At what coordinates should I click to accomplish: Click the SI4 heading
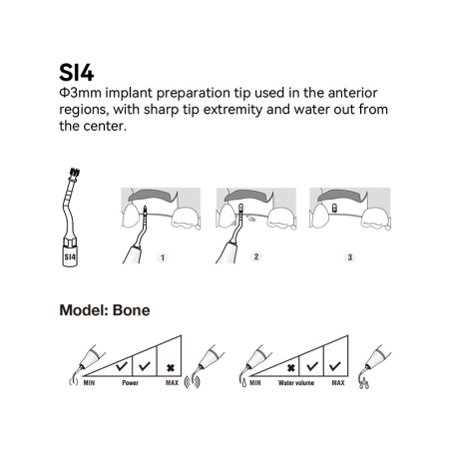click(x=77, y=73)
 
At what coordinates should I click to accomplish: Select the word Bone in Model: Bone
click(x=132, y=310)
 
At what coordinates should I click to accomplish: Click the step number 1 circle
click(x=163, y=257)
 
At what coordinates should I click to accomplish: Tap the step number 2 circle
click(x=256, y=256)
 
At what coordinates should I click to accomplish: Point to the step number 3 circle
click(x=349, y=257)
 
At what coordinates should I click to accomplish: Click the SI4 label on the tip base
click(x=70, y=256)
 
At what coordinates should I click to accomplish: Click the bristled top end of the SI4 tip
click(x=74, y=174)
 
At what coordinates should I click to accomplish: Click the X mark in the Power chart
click(x=171, y=368)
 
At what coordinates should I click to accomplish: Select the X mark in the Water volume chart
click(x=291, y=368)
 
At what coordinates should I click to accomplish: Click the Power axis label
click(x=130, y=383)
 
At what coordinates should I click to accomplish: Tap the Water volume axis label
click(x=296, y=383)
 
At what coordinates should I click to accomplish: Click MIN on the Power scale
click(x=89, y=383)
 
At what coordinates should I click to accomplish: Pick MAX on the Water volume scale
click(x=338, y=383)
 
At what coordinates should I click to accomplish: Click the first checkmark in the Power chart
click(x=122, y=366)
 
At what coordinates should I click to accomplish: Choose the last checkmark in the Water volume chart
click(x=334, y=366)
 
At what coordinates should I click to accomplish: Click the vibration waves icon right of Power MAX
click(x=192, y=382)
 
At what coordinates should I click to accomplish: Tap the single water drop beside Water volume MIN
click(x=244, y=383)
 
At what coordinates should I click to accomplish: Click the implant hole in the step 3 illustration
click(x=334, y=209)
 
